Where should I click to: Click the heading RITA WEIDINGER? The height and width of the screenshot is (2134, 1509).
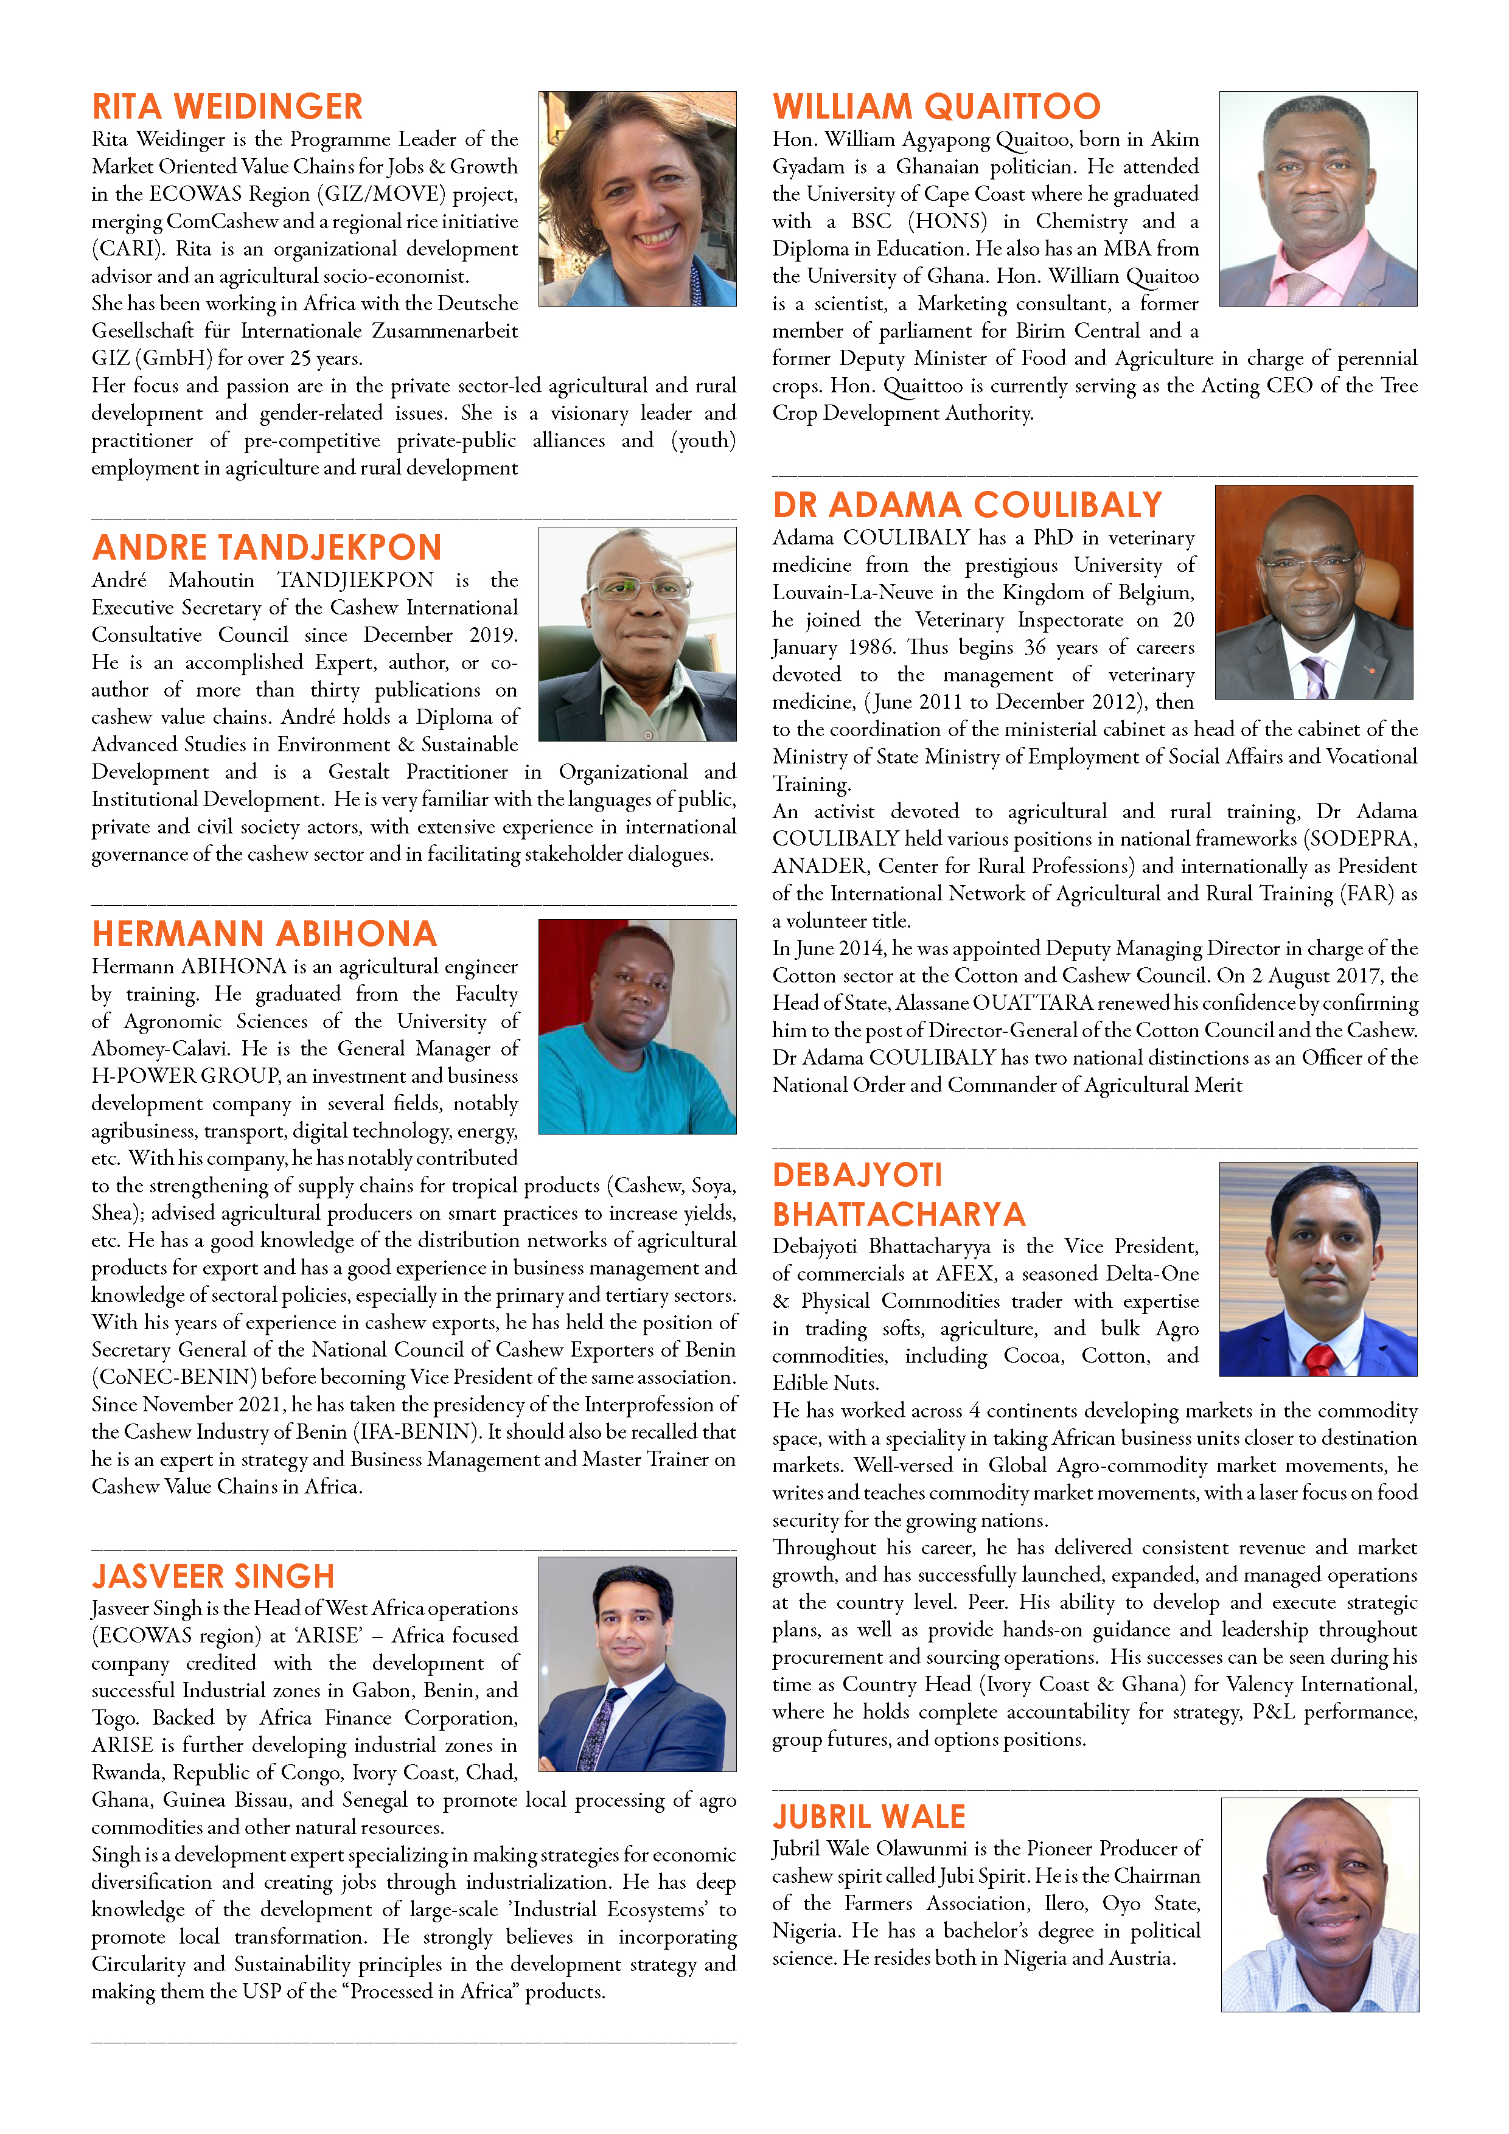click(x=227, y=107)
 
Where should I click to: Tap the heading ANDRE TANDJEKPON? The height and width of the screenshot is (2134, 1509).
click(x=267, y=547)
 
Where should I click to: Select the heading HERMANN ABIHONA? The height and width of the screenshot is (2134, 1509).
click(x=264, y=934)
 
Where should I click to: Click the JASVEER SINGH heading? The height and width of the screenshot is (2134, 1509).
click(x=213, y=1576)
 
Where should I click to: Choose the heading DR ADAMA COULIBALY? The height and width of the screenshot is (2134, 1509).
click(x=967, y=506)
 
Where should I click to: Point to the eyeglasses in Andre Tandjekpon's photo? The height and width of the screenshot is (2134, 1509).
click(x=639, y=588)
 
